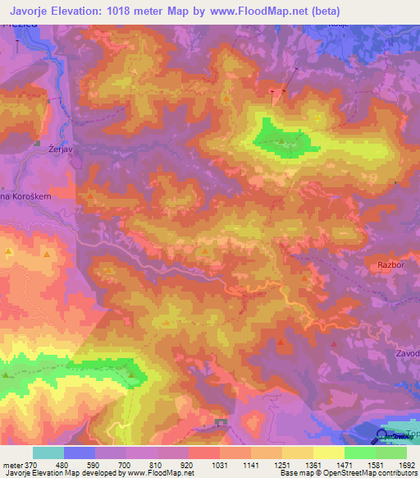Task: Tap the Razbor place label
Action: click(391, 265)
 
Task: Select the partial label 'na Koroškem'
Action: click(26, 198)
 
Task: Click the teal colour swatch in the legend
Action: click(48, 453)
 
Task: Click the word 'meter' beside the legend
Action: click(11, 465)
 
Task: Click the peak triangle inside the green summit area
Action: click(281, 140)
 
